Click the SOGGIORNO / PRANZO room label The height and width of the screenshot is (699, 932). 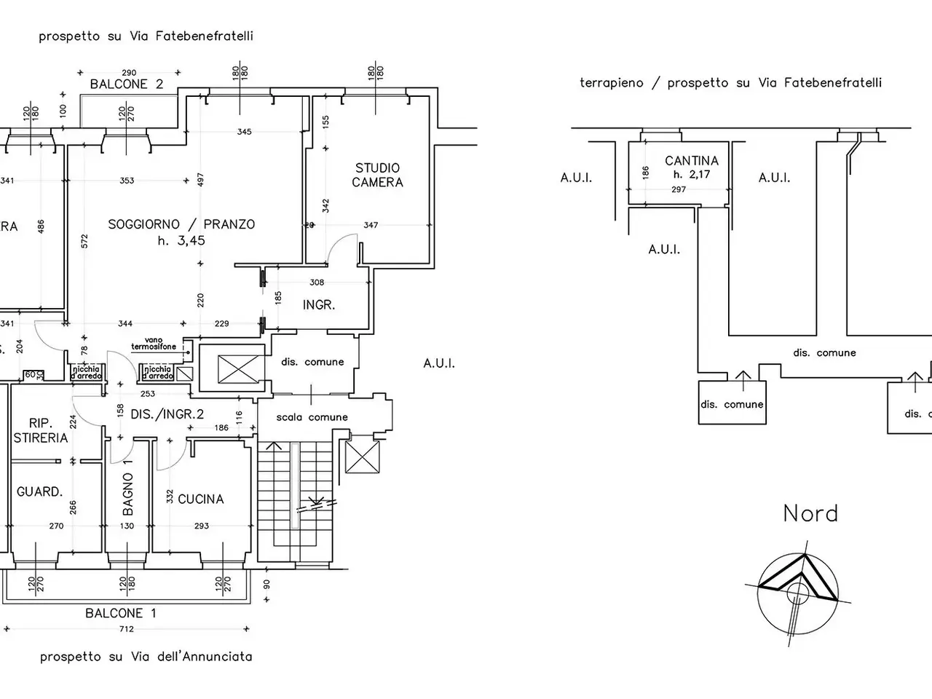click(x=181, y=224)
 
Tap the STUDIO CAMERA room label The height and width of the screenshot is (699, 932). click(x=377, y=175)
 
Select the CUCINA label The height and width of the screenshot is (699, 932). click(x=200, y=499)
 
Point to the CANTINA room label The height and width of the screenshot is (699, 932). click(x=691, y=161)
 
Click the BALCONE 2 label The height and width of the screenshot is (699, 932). click(x=127, y=84)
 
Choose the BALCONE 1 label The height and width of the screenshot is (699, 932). click(x=121, y=613)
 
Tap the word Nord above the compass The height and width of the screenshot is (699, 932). click(x=810, y=514)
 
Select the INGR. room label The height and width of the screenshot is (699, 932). click(x=319, y=305)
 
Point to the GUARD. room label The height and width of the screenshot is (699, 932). click(x=40, y=492)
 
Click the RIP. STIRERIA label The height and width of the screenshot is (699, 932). click(x=40, y=430)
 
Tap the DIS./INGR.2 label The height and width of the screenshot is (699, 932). click(x=167, y=414)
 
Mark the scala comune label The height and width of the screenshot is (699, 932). click(x=312, y=417)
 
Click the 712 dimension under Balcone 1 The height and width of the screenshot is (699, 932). click(x=126, y=630)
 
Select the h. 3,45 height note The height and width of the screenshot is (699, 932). click(x=181, y=241)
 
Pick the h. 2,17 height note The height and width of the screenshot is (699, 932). click(x=691, y=175)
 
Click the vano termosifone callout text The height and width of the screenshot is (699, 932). click(x=154, y=344)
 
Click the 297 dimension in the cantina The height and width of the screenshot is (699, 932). click(x=679, y=189)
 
